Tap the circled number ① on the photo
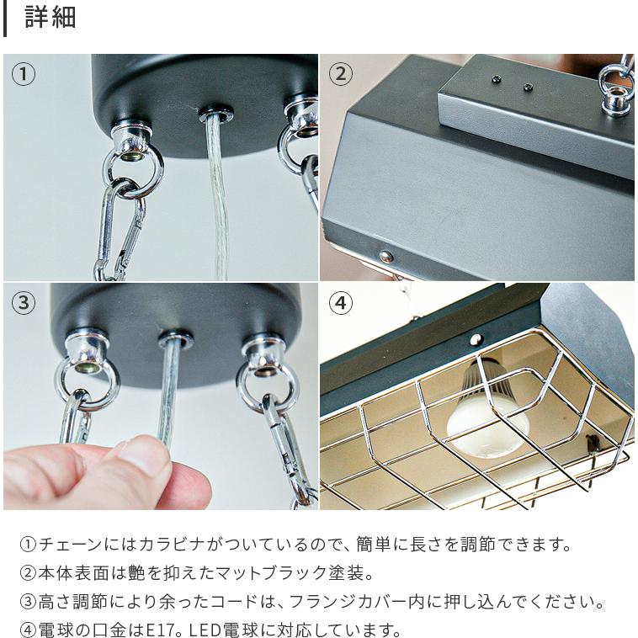coord(24,74)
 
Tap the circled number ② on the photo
coord(340,74)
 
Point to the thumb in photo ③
coord(143,459)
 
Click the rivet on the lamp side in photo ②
coord(385,256)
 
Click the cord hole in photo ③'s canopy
coord(175,339)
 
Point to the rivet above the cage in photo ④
coord(476,339)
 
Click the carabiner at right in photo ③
coord(282,446)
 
